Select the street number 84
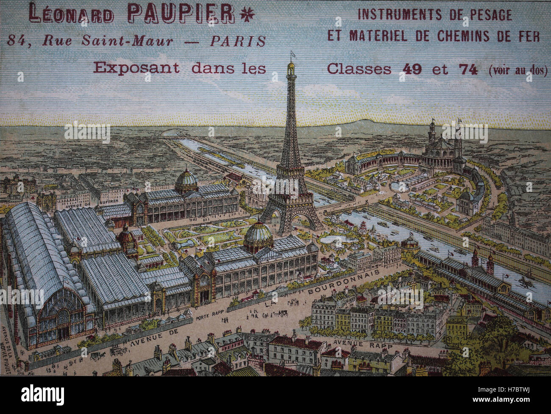point(17,40)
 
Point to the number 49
point(410,69)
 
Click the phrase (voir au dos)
point(517,70)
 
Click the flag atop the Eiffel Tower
point(292,55)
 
